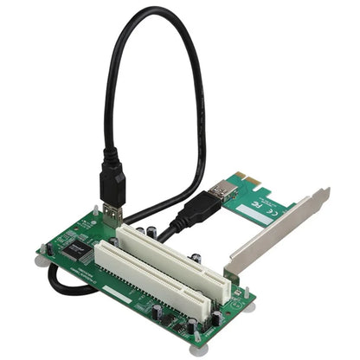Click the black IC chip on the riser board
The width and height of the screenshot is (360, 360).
click(79, 249)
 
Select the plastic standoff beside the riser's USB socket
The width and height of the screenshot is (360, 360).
click(95, 210)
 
